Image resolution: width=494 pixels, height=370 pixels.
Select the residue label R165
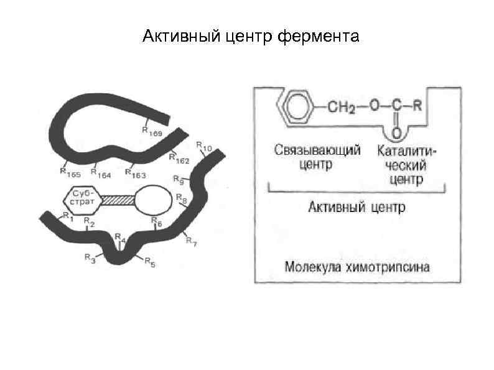tap(70, 170)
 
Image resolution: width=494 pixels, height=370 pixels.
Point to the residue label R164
tap(101, 174)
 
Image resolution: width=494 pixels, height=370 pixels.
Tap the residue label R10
tap(204, 147)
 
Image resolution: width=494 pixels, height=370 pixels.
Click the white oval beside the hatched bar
tap(152, 200)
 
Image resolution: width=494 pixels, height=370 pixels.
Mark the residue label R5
tap(149, 263)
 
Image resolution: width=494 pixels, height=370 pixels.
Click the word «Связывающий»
tap(317, 151)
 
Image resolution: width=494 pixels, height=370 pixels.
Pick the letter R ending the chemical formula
tap(418, 106)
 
